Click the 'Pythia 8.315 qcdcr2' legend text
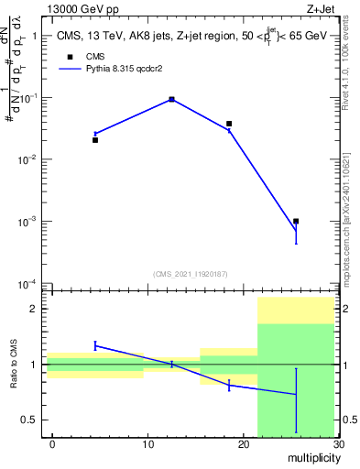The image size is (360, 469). click(116, 93)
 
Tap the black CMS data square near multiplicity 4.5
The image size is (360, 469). click(95, 140)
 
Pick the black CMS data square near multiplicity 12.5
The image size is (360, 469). click(172, 99)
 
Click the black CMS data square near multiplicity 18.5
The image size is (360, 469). click(229, 124)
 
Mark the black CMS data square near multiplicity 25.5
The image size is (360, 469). click(296, 221)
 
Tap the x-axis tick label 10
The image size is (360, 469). click(147, 444)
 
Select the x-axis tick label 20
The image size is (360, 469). click(243, 444)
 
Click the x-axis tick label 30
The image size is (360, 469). click(338, 444)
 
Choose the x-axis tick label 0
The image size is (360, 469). click(52, 444)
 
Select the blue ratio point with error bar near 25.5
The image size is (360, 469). click(296, 394)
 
